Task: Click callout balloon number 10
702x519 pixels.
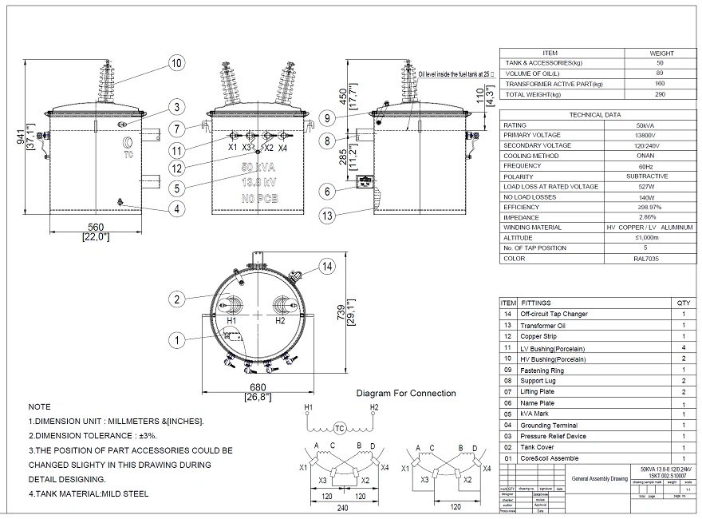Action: pyautogui.click(x=176, y=62)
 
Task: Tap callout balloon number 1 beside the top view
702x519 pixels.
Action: pyautogui.click(x=176, y=340)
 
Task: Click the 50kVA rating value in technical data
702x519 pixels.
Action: pyautogui.click(x=646, y=125)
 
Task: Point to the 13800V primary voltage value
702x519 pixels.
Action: pyautogui.click(x=646, y=136)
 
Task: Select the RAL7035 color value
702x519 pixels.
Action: pyautogui.click(x=646, y=259)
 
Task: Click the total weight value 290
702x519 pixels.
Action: pyautogui.click(x=660, y=94)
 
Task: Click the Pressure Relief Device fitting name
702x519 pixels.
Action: pyautogui.click(x=553, y=437)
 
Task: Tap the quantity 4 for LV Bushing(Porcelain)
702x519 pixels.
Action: pyautogui.click(x=684, y=348)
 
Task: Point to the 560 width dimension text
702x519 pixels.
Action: pyautogui.click(x=95, y=226)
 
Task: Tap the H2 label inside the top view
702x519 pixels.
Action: pyautogui.click(x=280, y=320)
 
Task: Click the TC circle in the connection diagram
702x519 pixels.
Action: pyautogui.click(x=341, y=429)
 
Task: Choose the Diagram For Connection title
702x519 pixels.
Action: pyautogui.click(x=406, y=393)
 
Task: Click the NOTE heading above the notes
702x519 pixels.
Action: pyautogui.click(x=39, y=406)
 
